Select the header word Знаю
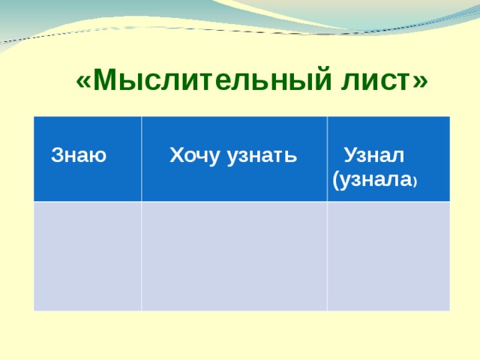(x=78, y=157)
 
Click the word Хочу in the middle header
(x=190, y=157)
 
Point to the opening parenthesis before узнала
(x=334, y=181)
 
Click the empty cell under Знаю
(x=88, y=256)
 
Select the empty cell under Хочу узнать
(x=234, y=256)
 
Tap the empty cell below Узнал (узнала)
(x=388, y=256)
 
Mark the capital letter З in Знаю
(x=55, y=157)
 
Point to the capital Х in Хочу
(x=175, y=157)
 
